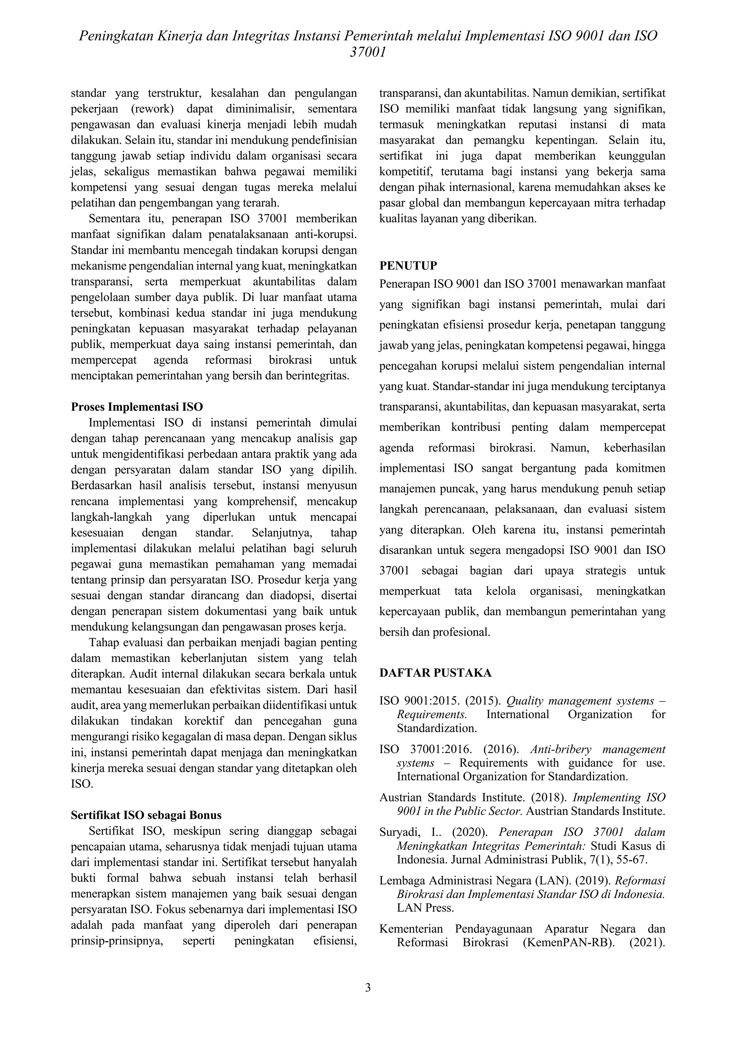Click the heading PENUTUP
click(x=408, y=265)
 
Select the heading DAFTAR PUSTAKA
click(x=435, y=673)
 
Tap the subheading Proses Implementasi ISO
click(x=137, y=407)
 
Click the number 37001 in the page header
click(x=367, y=52)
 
